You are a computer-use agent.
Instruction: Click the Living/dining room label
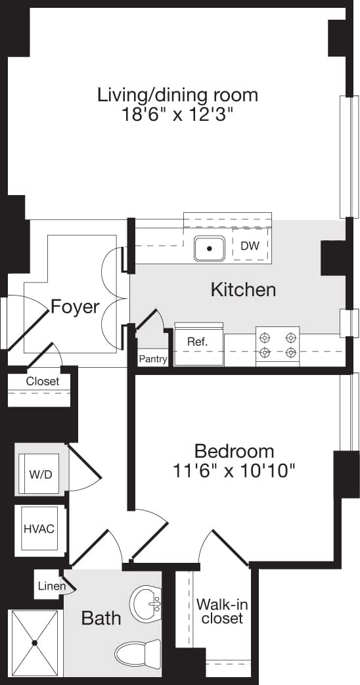tap(177, 95)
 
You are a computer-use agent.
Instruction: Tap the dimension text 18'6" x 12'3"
tap(177, 115)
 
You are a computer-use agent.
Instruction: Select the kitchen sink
tap(210, 248)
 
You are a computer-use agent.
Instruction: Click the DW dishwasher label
tap(249, 246)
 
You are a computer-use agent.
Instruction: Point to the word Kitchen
tap(242, 290)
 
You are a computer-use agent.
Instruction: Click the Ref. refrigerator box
tap(198, 342)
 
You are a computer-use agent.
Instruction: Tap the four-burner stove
tap(277, 345)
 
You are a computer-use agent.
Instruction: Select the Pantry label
tap(152, 359)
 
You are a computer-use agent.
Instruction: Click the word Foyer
tap(75, 307)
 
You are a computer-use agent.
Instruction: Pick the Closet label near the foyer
tap(43, 381)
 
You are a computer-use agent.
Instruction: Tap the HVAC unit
tap(39, 528)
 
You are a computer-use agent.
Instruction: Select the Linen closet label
tap(51, 586)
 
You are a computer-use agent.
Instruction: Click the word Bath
tap(101, 618)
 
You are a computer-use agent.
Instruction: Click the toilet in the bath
tap(137, 653)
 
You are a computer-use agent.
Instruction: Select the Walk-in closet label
tap(222, 611)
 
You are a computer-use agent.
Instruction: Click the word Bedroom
tap(234, 451)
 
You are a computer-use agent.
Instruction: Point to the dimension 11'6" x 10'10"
tap(234, 470)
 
